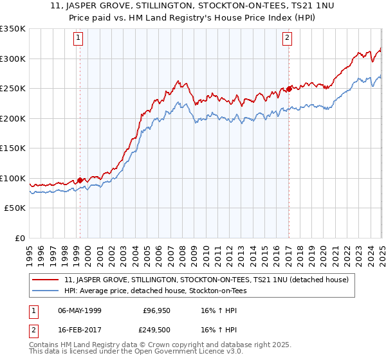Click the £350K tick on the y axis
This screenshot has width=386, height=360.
point(13,29)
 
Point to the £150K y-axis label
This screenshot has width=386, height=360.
point(13,148)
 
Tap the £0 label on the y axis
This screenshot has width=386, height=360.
point(19,238)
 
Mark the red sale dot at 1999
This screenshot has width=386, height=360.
point(80,180)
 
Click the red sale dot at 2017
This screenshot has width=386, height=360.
point(289,89)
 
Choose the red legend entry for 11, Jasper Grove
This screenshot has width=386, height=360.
point(206,280)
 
